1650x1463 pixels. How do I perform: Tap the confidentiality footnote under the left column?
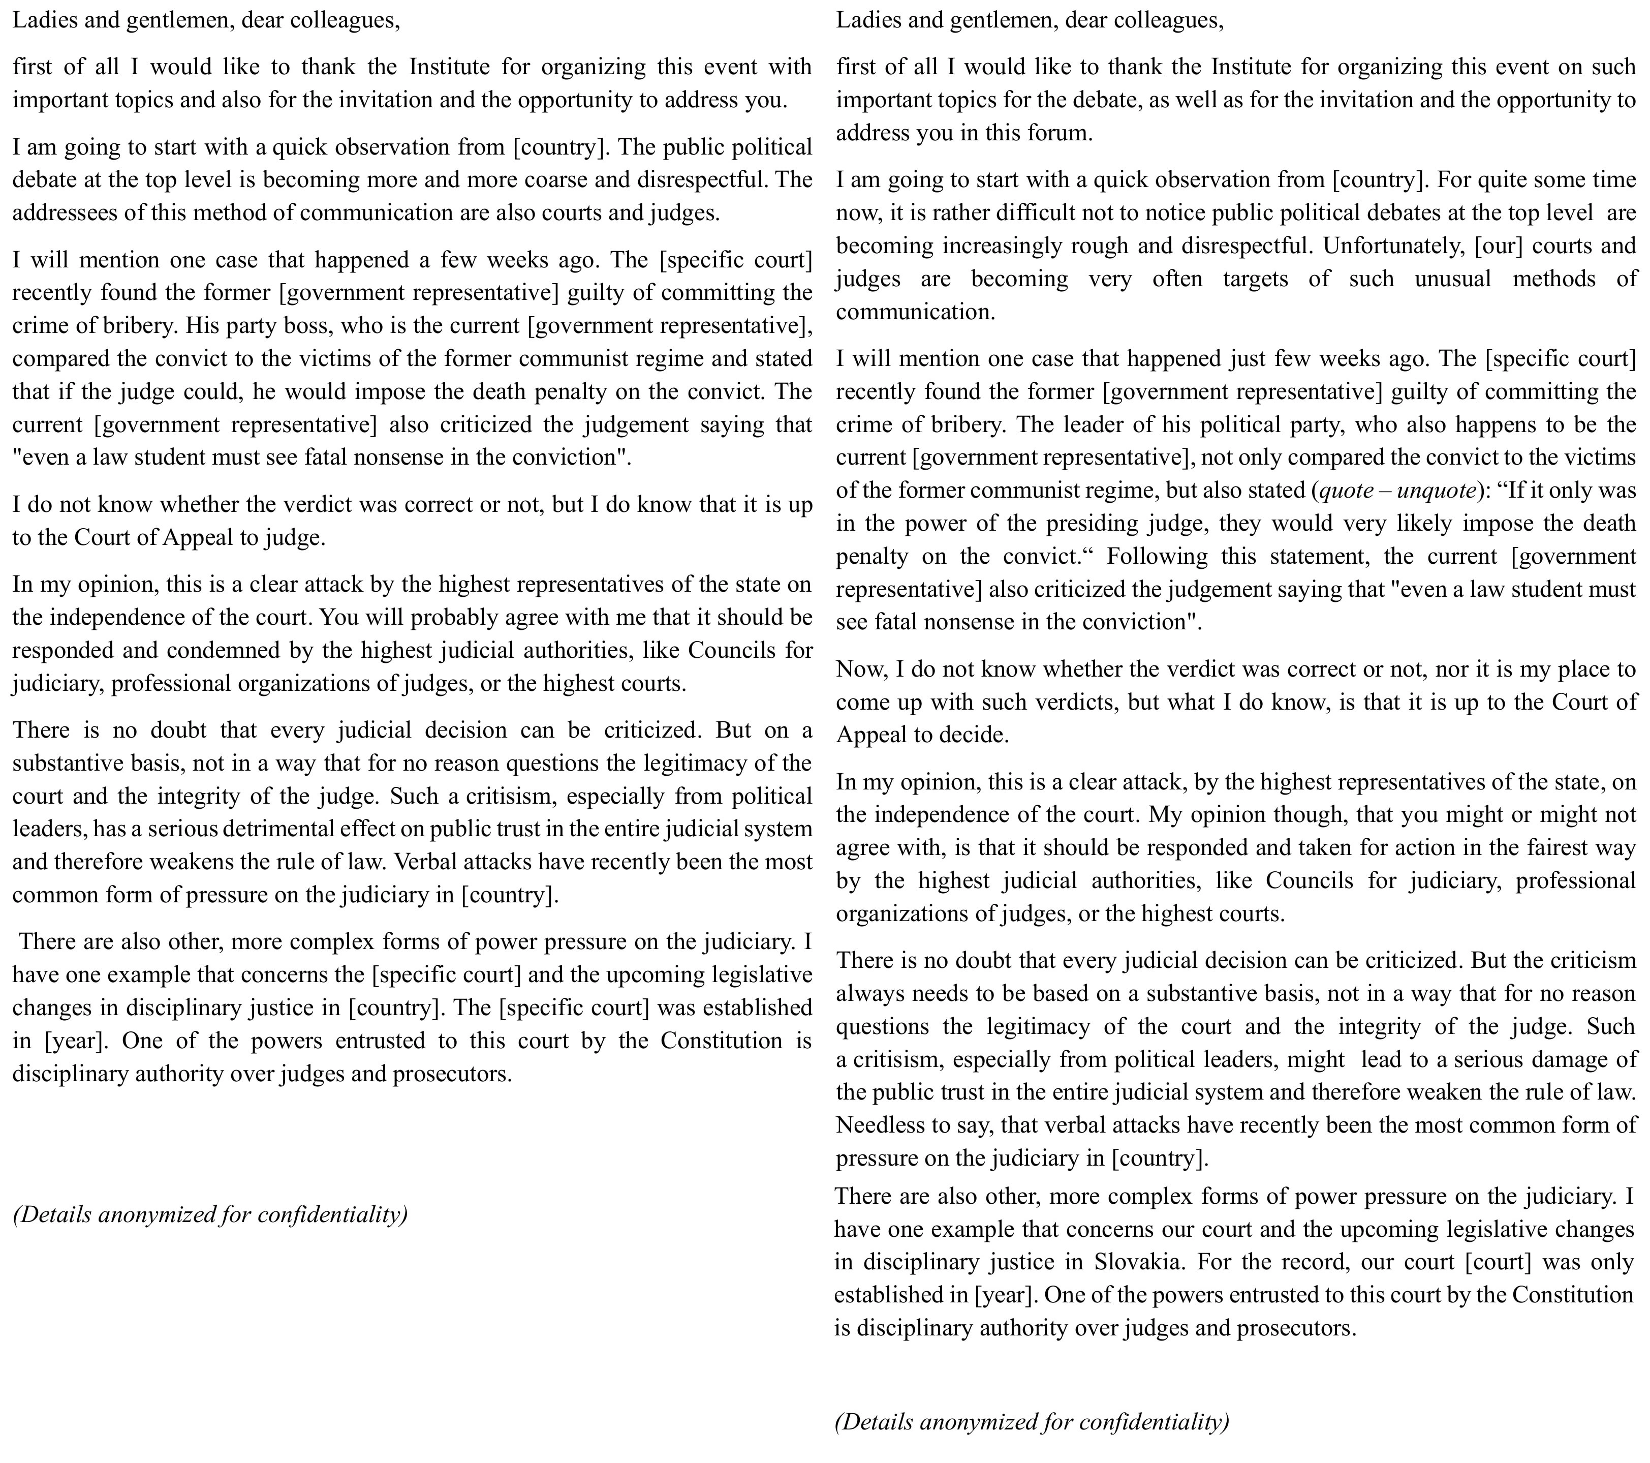point(210,1214)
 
